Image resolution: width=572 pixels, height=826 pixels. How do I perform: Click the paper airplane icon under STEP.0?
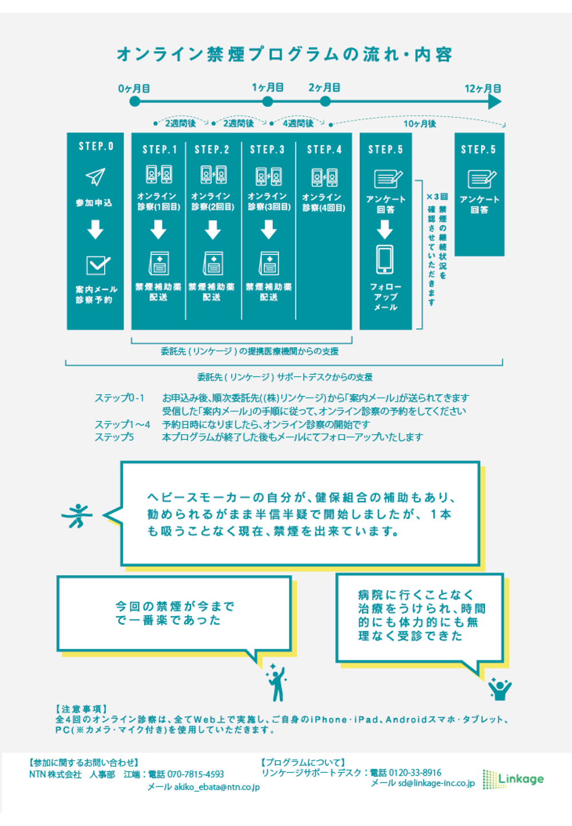point(96,177)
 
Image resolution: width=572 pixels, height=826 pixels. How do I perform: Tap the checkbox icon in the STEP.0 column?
point(98,265)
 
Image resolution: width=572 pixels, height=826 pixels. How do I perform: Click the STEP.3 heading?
point(267,149)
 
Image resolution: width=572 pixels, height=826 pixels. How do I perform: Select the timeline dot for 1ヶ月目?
point(268,101)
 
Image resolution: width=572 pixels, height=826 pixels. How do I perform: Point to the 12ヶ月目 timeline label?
point(483,89)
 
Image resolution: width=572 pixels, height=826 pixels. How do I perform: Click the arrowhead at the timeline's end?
point(495,101)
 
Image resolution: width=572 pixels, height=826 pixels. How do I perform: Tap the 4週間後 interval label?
point(298,123)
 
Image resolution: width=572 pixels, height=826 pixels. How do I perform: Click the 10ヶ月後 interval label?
point(420,124)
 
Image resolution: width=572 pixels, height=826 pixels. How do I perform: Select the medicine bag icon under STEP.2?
point(213,263)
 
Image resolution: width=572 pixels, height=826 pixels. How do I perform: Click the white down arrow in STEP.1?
point(158,229)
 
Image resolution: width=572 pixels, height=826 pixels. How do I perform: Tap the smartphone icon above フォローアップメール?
point(384,259)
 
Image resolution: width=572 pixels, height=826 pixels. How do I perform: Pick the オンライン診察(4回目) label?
point(323,202)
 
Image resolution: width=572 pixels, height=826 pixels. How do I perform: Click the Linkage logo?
point(513,779)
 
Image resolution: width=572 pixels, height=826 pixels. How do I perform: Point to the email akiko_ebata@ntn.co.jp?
point(217,787)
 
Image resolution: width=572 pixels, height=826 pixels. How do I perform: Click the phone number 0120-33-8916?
point(415,772)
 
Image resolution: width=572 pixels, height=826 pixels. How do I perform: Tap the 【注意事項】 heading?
point(82,709)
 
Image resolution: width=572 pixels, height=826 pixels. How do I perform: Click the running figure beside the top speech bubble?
point(77,515)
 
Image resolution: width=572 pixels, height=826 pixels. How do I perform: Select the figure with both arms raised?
point(500,689)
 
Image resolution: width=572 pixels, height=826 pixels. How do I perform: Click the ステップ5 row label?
point(114,437)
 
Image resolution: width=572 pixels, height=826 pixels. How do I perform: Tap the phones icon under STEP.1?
point(159,174)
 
